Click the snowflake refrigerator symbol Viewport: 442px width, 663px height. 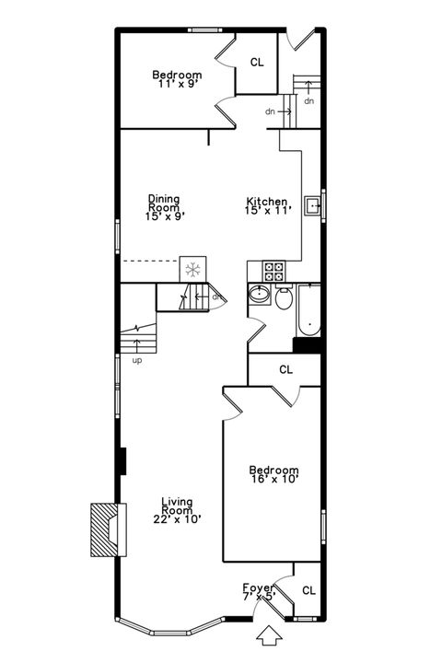coord(193,269)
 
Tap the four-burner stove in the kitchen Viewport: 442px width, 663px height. coord(275,271)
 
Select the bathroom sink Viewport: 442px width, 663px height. coord(260,297)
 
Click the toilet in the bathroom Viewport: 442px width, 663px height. coord(285,298)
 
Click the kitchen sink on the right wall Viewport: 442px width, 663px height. coord(313,205)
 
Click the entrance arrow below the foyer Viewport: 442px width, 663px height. coord(269,634)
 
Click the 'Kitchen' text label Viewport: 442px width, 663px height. coord(267,202)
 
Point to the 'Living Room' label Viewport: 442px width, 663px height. coord(177,506)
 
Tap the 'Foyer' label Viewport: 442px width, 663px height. coord(259,587)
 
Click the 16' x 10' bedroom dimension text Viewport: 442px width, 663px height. coord(274,478)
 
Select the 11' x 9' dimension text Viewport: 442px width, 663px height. coord(178,83)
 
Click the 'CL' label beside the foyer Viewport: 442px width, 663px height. coord(308,590)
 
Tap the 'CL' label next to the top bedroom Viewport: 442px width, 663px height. coord(257,63)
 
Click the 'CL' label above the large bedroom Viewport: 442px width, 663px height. coord(286,369)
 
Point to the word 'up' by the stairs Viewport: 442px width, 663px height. coord(137,360)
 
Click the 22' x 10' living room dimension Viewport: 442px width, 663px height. coord(178,518)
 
